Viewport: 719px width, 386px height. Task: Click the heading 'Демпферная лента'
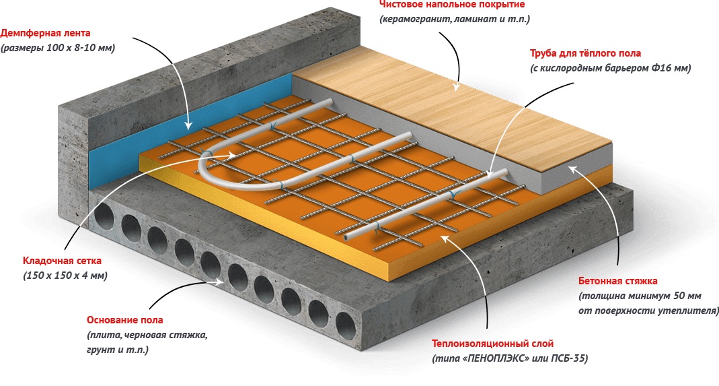pos(45,32)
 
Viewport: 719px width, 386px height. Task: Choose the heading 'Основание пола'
pos(124,319)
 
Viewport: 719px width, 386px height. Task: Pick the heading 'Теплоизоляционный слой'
pos(493,343)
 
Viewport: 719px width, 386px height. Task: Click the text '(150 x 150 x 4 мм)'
pos(65,276)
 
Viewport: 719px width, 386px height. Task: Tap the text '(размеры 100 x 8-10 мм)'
pos(57,48)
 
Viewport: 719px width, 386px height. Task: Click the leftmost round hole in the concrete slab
pos(105,217)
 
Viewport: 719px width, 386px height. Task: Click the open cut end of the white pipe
pos(345,238)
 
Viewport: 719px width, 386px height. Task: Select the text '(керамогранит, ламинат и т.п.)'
pos(455,20)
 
